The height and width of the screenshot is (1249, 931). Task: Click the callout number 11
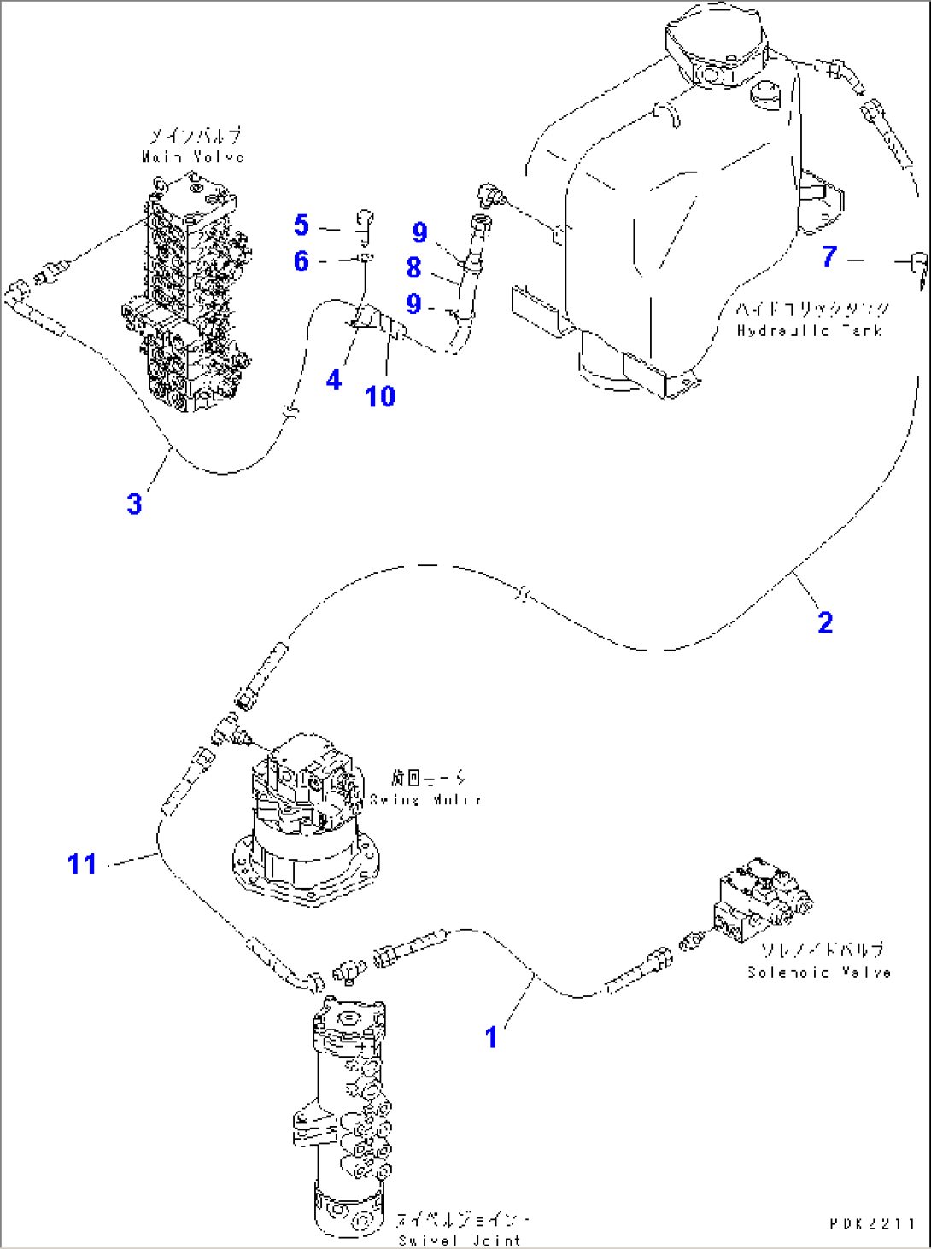[x=82, y=864]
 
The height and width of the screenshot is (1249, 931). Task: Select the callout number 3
[x=134, y=504]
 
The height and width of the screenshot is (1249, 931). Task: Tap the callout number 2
[x=824, y=622]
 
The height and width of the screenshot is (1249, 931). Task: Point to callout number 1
[x=491, y=1036]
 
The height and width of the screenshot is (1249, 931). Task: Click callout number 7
[x=829, y=256]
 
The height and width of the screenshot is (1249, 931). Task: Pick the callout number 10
[x=380, y=396]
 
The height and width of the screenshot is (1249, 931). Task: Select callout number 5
[x=301, y=225]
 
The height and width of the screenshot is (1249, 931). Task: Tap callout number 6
[x=301, y=260]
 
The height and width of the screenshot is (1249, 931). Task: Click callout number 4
[x=334, y=380]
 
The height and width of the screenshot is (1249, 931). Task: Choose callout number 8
[x=413, y=267]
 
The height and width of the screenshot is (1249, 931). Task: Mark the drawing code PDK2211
[x=872, y=1223]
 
